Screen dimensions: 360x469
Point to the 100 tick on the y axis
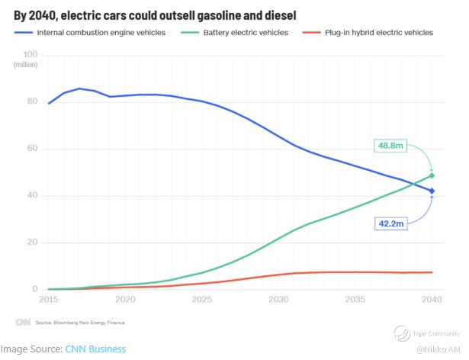click(31, 54)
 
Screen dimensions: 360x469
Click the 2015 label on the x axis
click(49, 301)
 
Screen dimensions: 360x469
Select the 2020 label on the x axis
click(125, 301)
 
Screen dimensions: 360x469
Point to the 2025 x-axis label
click(201, 301)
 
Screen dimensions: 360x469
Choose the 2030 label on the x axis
click(278, 301)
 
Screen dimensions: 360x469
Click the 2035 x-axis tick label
click(355, 301)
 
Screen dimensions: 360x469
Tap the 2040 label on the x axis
click(431, 301)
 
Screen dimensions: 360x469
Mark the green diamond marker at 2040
click(432, 175)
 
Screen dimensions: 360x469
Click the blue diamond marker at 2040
click(432, 191)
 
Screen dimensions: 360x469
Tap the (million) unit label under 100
click(26, 65)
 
